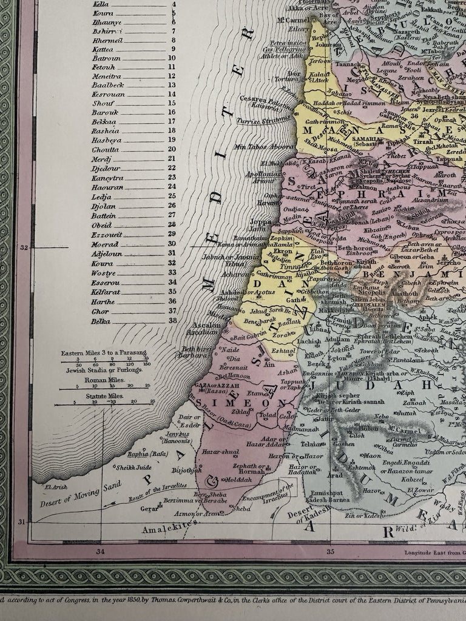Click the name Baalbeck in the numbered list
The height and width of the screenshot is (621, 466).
(x=107, y=85)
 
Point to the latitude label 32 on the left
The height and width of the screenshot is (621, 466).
(x=25, y=247)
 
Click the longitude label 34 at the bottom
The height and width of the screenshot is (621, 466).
(x=100, y=551)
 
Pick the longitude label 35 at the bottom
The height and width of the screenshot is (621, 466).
(x=331, y=551)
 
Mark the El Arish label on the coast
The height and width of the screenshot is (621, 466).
(x=54, y=486)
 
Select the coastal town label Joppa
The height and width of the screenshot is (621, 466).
(x=260, y=222)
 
